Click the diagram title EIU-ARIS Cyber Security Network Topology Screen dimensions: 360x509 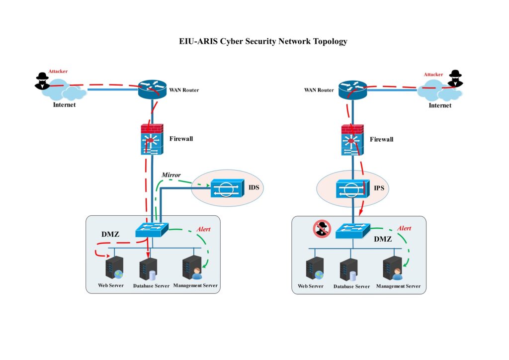(x=263, y=42)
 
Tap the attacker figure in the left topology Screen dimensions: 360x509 (x=42, y=81)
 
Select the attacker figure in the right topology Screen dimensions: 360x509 (x=454, y=79)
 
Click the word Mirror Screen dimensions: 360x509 (x=171, y=175)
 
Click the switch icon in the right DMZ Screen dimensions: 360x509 (x=352, y=230)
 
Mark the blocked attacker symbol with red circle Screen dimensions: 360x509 (x=322, y=229)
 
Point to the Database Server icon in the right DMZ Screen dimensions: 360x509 (x=349, y=270)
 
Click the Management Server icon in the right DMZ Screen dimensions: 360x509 (x=393, y=269)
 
